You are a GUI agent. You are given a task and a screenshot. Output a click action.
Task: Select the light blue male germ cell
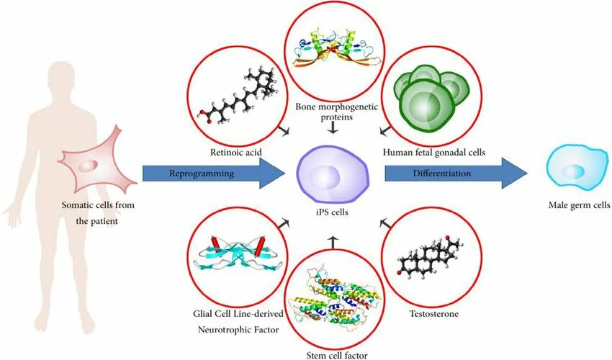[572, 170]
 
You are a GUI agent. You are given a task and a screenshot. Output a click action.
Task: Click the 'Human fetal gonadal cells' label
[434, 152]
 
